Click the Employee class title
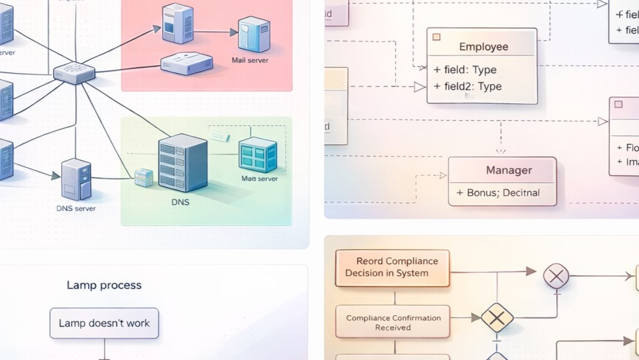[483, 47]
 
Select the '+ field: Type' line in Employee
[465, 70]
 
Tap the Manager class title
[509, 170]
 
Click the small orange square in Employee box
[436, 37]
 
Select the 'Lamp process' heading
[104, 285]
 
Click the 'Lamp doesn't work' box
[104, 323]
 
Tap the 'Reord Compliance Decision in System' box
[392, 268]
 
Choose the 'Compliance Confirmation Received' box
[393, 323]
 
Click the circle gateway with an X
[556, 276]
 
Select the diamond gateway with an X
[497, 317]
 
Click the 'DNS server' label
[76, 208]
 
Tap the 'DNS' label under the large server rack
[180, 203]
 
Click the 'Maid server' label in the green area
[259, 179]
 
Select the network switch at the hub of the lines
[74, 72]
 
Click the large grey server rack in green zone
[183, 163]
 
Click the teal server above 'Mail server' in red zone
[253, 34]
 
